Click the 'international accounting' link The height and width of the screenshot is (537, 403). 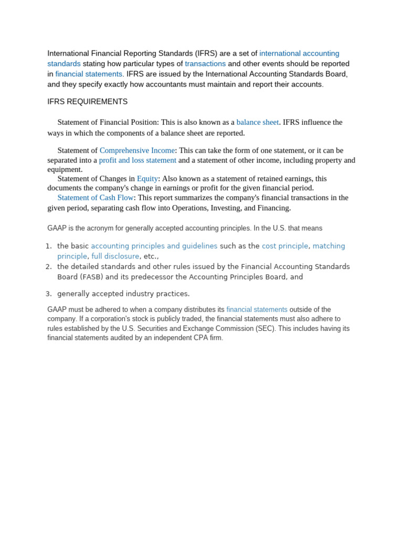[x=299, y=53]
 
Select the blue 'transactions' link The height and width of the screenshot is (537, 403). [x=205, y=64]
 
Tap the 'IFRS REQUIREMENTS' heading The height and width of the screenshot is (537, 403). [x=87, y=102]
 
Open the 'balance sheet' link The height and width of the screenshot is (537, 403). [x=258, y=122]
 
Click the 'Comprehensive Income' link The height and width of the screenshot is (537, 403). [x=137, y=151]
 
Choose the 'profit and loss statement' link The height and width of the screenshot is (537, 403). [x=137, y=160]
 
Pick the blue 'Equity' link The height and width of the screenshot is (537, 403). [x=147, y=179]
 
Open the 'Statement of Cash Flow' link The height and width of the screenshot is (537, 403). [x=96, y=198]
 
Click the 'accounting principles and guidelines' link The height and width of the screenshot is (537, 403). [x=154, y=246]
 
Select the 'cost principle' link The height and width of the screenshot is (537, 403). [x=285, y=246]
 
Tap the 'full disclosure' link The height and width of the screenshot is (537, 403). [x=115, y=256]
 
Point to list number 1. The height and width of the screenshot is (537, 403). [x=48, y=246]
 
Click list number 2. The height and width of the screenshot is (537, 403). [x=48, y=266]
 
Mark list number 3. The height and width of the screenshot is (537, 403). [x=48, y=294]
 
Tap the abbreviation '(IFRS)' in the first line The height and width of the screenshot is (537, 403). [x=209, y=53]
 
